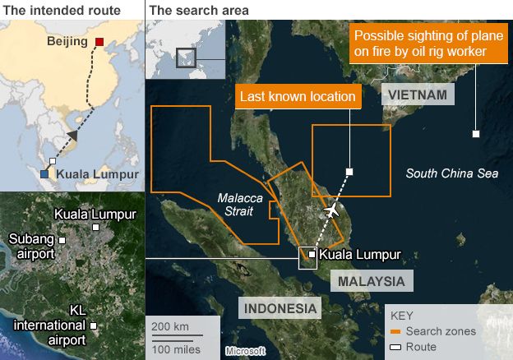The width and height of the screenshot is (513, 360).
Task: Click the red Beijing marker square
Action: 99,42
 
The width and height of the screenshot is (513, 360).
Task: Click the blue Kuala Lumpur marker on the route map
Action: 44,173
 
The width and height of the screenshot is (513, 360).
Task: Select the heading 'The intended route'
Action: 62,10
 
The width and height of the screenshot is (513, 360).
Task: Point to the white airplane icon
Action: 331,212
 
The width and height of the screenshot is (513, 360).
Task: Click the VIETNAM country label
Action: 418,96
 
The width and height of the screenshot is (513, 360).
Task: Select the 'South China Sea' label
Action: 452,173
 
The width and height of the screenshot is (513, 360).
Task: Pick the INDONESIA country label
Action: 279,309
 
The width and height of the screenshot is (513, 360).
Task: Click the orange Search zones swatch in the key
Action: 395,331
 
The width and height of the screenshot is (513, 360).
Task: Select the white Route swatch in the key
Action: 395,347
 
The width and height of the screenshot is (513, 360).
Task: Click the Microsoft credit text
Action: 245,351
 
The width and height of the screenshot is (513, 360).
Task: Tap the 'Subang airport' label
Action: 31,246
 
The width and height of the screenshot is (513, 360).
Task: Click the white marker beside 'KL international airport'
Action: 93,326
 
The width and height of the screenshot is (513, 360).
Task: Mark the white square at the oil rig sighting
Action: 476,133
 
